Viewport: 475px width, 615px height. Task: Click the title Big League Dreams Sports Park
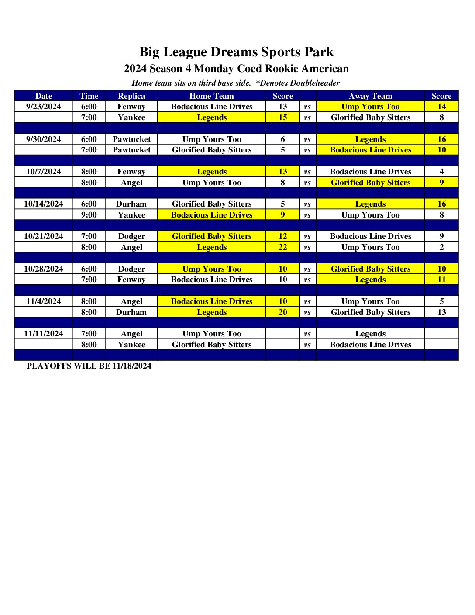coord(236,52)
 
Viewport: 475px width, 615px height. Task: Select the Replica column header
coord(131,96)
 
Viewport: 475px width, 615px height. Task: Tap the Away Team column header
coord(370,96)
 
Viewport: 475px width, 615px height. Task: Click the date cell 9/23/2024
coord(44,107)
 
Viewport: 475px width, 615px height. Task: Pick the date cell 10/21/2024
coord(44,236)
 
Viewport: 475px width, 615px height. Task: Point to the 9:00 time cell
coord(89,215)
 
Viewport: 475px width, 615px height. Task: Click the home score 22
coord(283,247)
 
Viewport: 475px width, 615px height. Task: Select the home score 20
coord(283,312)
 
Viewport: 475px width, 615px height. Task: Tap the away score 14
coord(441,107)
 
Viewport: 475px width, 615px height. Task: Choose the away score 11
coord(441,280)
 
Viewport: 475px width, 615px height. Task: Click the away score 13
coord(441,312)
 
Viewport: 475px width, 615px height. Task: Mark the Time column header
coord(89,96)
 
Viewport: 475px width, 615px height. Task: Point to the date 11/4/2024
coord(44,301)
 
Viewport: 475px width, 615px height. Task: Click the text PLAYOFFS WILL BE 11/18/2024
coord(89,366)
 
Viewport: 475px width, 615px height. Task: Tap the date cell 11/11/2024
coord(44,334)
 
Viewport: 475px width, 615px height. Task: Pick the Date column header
coord(44,96)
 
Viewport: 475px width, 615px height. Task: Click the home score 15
coord(283,117)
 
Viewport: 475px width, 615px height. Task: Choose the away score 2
coord(441,247)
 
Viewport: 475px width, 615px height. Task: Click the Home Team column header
coord(212,96)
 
